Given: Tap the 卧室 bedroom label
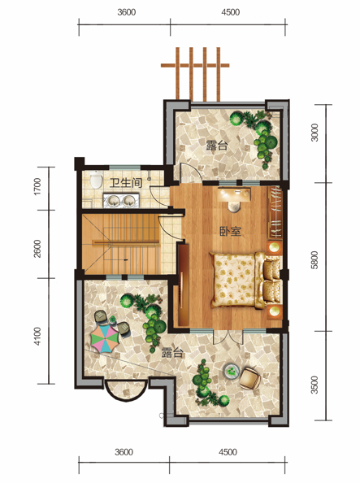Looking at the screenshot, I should pos(230,230).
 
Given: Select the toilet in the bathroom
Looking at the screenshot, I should pos(96,183).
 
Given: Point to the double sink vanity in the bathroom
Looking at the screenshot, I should pos(121,200).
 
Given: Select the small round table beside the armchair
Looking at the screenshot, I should pos(232,372).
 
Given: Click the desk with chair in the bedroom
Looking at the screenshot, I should pos(236,198).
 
